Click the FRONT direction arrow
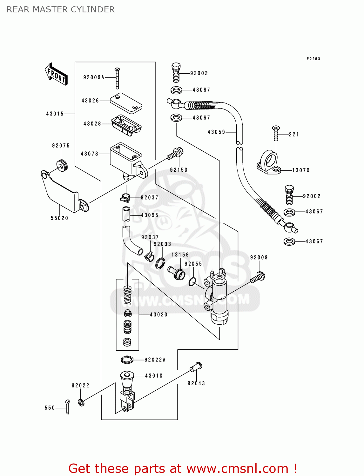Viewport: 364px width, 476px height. tap(57, 74)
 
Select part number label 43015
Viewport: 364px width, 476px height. tap(55, 114)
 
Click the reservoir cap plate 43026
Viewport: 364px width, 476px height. tap(126, 103)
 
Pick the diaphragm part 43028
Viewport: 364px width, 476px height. tap(126, 125)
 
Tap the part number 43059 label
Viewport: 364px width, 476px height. tap(216, 132)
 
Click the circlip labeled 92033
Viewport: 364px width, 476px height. tap(160, 263)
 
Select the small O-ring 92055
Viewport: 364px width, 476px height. tap(192, 281)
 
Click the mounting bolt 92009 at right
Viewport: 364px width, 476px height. tap(258, 277)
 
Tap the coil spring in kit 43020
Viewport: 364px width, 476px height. tap(127, 295)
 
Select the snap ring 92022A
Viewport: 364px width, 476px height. tap(127, 360)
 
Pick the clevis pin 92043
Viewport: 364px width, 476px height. tap(196, 367)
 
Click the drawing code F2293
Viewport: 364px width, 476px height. tap(313, 59)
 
